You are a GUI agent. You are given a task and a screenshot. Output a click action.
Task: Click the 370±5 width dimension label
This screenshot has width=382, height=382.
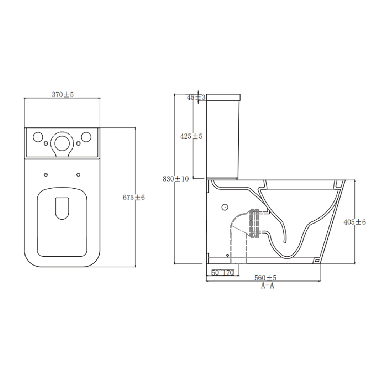click(63, 95)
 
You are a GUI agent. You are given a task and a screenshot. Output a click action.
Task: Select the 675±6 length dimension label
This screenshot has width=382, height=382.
click(134, 197)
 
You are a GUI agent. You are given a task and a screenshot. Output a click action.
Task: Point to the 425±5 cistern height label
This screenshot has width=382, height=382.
click(191, 136)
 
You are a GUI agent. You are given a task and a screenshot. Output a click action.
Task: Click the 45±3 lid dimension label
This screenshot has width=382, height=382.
click(196, 97)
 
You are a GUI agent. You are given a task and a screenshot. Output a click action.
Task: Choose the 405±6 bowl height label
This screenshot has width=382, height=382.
click(354, 222)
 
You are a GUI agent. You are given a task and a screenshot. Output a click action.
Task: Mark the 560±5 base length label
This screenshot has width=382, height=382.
click(266, 277)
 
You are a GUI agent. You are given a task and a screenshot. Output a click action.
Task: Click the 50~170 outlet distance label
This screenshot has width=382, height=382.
click(222, 273)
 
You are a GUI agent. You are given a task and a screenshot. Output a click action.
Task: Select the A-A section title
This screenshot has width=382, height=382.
click(267, 286)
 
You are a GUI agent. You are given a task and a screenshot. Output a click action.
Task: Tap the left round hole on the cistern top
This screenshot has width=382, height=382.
click(38, 137)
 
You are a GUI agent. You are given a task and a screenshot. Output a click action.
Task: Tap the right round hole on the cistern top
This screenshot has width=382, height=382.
click(86, 137)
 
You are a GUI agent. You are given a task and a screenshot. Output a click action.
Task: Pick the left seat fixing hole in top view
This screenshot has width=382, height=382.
click(46, 175)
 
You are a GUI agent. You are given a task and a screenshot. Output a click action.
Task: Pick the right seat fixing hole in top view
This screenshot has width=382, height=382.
click(78, 175)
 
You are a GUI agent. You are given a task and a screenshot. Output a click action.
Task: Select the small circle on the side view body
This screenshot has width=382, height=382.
click(225, 207)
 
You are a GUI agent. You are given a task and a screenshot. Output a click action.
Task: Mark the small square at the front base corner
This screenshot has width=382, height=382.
click(316, 260)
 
